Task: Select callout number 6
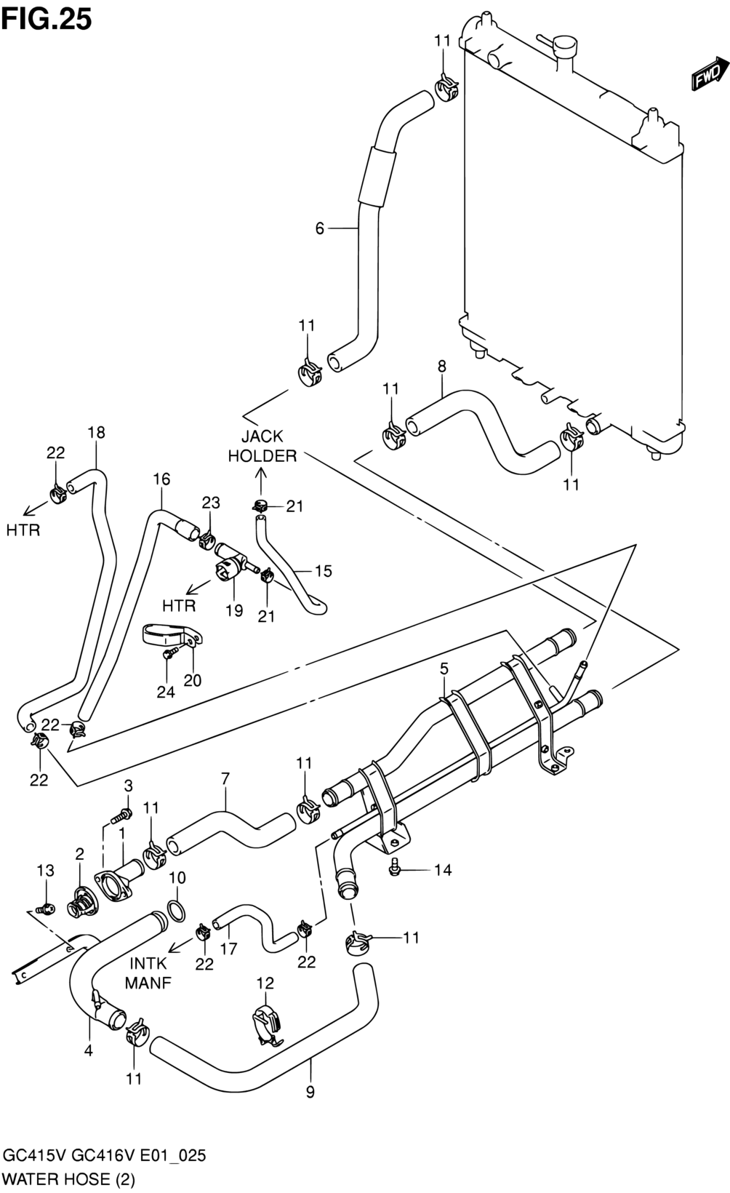[x=319, y=228]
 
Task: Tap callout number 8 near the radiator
[x=441, y=367]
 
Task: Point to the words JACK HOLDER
[x=262, y=447]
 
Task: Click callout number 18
[x=97, y=432]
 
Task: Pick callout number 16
[x=161, y=479]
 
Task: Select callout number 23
[x=211, y=503]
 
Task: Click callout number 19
[x=233, y=610]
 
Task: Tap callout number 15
[x=323, y=571]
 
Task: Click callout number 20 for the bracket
[x=192, y=680]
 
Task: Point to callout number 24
[x=166, y=692]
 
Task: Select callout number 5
[x=444, y=669]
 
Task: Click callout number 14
[x=443, y=870]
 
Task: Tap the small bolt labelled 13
[x=47, y=908]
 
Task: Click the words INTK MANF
[x=148, y=973]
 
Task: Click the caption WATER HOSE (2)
[x=68, y=1179]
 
